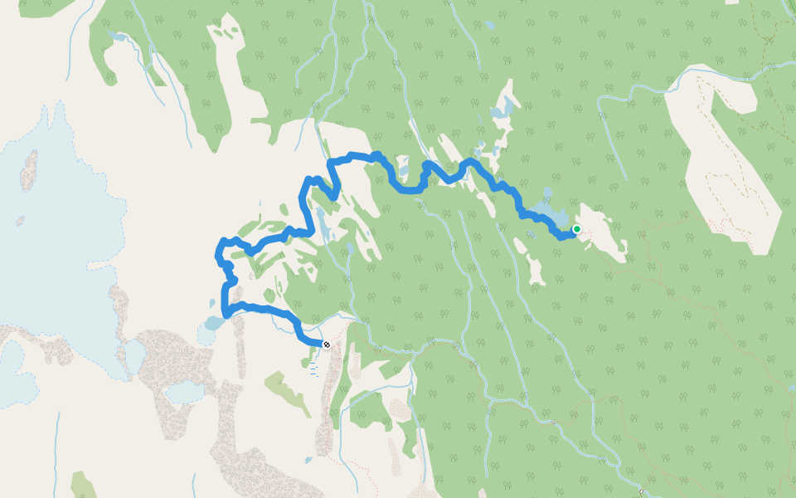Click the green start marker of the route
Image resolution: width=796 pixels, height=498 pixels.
(576, 229)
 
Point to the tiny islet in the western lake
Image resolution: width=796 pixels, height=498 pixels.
(20, 221)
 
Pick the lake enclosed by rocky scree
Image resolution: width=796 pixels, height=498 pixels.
(185, 391)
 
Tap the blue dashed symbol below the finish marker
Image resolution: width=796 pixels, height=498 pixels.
(313, 369)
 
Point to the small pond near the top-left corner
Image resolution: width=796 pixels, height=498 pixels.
(116, 37)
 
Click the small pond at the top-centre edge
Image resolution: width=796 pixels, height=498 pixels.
(490, 25)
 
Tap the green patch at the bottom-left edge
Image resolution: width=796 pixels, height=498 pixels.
(83, 485)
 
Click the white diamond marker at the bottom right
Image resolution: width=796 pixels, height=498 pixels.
(641, 491)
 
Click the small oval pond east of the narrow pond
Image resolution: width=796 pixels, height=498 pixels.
(350, 247)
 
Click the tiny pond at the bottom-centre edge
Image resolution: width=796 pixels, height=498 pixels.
(308, 459)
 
